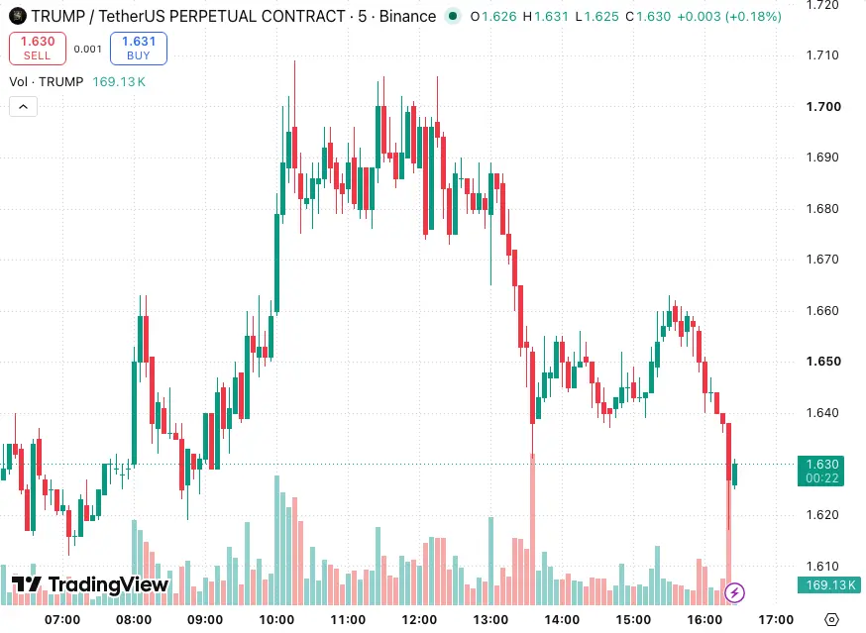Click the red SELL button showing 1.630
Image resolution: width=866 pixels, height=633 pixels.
(x=38, y=49)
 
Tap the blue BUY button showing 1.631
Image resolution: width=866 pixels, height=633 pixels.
(x=139, y=49)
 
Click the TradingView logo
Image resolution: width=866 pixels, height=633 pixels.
(x=90, y=584)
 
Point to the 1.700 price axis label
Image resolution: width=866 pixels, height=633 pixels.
(x=823, y=107)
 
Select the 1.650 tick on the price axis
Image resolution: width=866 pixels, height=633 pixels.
(x=823, y=362)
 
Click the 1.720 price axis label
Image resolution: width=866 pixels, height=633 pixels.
(x=822, y=6)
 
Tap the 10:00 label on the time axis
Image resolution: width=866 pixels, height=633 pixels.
(x=276, y=620)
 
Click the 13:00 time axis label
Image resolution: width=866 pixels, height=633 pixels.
(x=491, y=620)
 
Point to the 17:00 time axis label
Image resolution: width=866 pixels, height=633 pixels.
(x=776, y=620)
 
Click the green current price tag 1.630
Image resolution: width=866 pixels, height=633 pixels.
(x=820, y=472)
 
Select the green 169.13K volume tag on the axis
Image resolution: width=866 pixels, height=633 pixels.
(x=829, y=584)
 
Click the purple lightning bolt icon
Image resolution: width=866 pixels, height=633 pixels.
(x=734, y=593)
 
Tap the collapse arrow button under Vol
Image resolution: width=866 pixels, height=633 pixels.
(x=23, y=107)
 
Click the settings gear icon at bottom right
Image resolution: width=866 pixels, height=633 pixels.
(x=831, y=620)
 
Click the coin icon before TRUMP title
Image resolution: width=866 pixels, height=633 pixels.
(x=18, y=16)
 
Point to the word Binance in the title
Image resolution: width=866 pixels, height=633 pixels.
(x=407, y=17)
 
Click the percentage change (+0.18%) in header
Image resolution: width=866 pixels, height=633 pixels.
(x=756, y=17)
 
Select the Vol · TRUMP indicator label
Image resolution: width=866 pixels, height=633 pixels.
(x=47, y=82)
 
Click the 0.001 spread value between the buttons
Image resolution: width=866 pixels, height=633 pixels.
(x=88, y=50)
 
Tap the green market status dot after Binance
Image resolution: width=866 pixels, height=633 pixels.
(x=453, y=16)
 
